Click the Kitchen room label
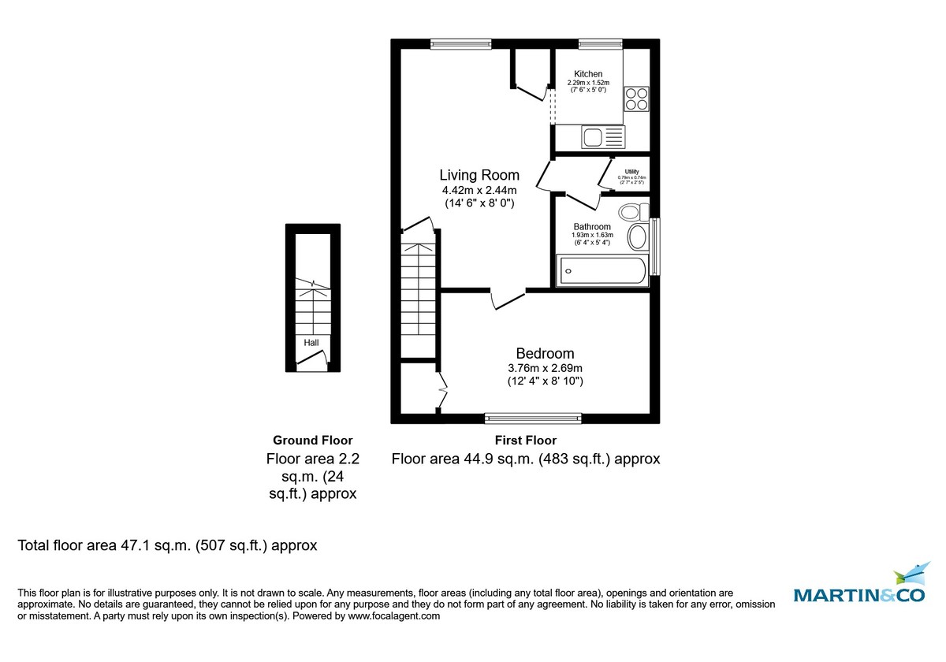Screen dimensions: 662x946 [588, 74]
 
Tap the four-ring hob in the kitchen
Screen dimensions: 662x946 [637, 99]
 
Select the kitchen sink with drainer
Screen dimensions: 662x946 [603, 137]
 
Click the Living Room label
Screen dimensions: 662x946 [479, 175]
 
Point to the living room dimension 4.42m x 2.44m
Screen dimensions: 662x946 [479, 190]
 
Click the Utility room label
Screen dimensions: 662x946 [631, 171]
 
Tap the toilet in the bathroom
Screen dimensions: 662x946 [632, 212]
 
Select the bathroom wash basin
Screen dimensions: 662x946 [637, 236]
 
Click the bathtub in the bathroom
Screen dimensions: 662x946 [602, 271]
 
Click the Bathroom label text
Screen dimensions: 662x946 [592, 227]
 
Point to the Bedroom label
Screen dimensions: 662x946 [545, 354]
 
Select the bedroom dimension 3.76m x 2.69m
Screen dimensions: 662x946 [545, 368]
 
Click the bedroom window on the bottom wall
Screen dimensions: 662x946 [533, 418]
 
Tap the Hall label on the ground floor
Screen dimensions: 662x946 [312, 343]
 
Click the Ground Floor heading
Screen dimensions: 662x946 [312, 441]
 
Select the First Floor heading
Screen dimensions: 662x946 [525, 441]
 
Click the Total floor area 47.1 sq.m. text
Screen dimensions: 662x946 [167, 545]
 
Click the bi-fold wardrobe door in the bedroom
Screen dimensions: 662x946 [443, 388]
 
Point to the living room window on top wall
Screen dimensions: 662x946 [461, 44]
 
